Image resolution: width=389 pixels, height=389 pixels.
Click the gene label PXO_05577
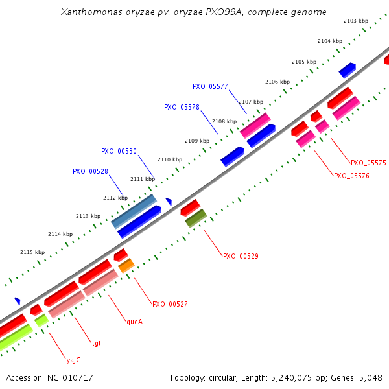(210, 86)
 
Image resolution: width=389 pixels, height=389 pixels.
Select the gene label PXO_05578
(182, 107)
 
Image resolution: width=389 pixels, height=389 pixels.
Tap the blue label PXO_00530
(119, 151)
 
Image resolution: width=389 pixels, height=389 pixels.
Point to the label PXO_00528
(90, 171)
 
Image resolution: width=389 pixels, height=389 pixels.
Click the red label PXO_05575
(368, 163)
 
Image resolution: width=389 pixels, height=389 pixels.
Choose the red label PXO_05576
(351, 176)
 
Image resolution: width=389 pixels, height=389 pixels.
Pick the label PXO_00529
(241, 256)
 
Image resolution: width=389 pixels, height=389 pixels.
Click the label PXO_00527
(170, 303)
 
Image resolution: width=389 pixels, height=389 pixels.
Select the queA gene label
(134, 320)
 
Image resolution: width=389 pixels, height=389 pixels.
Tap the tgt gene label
(96, 342)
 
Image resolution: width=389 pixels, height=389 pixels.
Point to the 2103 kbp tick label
(356, 21)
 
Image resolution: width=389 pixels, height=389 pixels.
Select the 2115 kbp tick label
(32, 252)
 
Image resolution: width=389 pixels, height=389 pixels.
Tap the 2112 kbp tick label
(115, 198)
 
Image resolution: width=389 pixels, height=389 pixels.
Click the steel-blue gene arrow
(134, 211)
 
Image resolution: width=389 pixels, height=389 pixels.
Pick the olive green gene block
(196, 218)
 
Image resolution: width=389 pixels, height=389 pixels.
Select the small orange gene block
(126, 265)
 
